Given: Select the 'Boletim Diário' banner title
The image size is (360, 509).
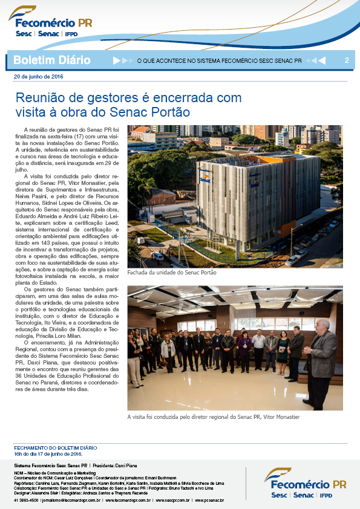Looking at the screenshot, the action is point(51,60).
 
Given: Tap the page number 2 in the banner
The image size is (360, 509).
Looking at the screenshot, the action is point(347,60).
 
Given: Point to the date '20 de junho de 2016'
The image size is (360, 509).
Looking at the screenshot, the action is point(38,77).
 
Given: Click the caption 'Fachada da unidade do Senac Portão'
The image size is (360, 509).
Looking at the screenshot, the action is point(172,273).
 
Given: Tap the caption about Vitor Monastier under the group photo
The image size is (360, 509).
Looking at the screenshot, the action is point(214,417).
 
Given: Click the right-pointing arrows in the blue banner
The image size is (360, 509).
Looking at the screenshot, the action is point(122,60).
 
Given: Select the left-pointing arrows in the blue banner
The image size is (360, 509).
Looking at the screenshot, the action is point(316,60).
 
